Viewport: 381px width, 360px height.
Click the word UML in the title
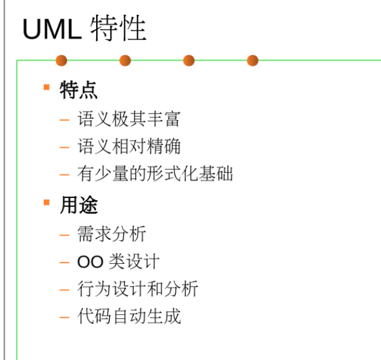(52, 30)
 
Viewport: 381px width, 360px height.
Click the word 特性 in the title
(118, 28)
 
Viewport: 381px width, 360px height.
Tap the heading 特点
(79, 90)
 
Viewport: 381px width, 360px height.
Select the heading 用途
(79, 205)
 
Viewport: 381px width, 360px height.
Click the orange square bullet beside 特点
(46, 87)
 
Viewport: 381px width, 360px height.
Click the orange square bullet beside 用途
(46, 202)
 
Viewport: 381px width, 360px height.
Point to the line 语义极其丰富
(129, 119)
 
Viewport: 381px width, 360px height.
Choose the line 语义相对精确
(129, 146)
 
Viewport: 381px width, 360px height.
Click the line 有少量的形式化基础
(155, 174)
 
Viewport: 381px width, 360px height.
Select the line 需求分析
(112, 234)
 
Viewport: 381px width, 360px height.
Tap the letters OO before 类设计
(90, 262)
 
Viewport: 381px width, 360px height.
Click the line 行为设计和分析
(138, 289)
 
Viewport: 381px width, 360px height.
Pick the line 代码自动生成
(129, 316)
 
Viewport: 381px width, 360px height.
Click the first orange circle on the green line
(61, 61)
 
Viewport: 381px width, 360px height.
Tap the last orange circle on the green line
(252, 61)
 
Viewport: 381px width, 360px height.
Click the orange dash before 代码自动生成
(65, 317)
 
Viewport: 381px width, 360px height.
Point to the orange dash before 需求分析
(65, 235)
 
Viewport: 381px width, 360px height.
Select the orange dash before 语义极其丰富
(65, 120)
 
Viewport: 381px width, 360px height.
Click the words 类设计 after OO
(134, 261)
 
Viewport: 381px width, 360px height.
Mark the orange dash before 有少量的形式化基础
(65, 175)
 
